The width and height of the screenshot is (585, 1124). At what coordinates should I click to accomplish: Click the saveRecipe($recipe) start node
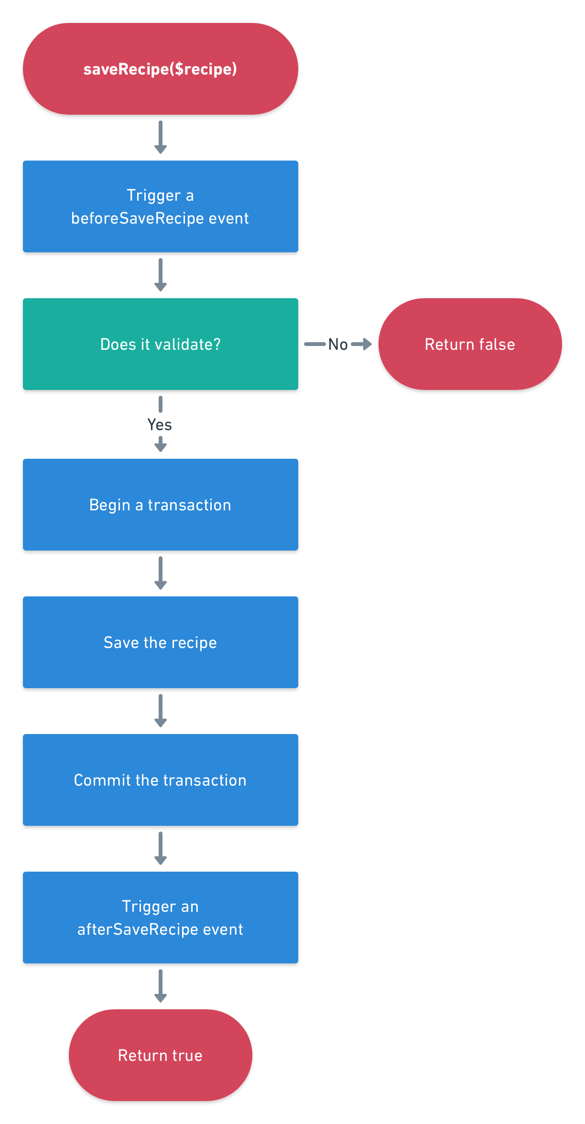pos(160,69)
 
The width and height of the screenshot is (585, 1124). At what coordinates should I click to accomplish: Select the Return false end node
pos(470,344)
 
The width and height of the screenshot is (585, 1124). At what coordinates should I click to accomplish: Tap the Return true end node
pos(160,1055)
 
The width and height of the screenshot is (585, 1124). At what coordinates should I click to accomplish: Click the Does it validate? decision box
pos(160,344)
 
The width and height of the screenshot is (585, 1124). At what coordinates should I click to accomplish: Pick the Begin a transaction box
pos(160,505)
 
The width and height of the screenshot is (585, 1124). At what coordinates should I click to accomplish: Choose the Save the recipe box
pos(160,642)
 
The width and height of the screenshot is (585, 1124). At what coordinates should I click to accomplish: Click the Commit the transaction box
pos(160,780)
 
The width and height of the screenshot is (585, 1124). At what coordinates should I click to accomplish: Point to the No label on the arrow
pos(338,344)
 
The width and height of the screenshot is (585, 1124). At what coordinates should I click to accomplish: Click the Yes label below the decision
pos(160,424)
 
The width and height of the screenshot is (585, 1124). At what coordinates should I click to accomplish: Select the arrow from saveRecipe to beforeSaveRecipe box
pos(161,137)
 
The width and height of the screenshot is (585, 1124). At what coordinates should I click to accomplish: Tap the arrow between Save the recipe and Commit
pos(161,711)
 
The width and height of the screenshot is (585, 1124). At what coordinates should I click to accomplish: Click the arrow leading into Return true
pos(161,986)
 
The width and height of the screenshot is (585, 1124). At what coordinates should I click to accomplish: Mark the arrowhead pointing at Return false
pos(367,344)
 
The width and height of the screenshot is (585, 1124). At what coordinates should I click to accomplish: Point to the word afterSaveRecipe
pos(138,929)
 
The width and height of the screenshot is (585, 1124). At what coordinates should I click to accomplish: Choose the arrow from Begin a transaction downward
pos(161,573)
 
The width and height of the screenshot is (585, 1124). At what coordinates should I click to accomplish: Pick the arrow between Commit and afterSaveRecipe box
pos(161,848)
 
